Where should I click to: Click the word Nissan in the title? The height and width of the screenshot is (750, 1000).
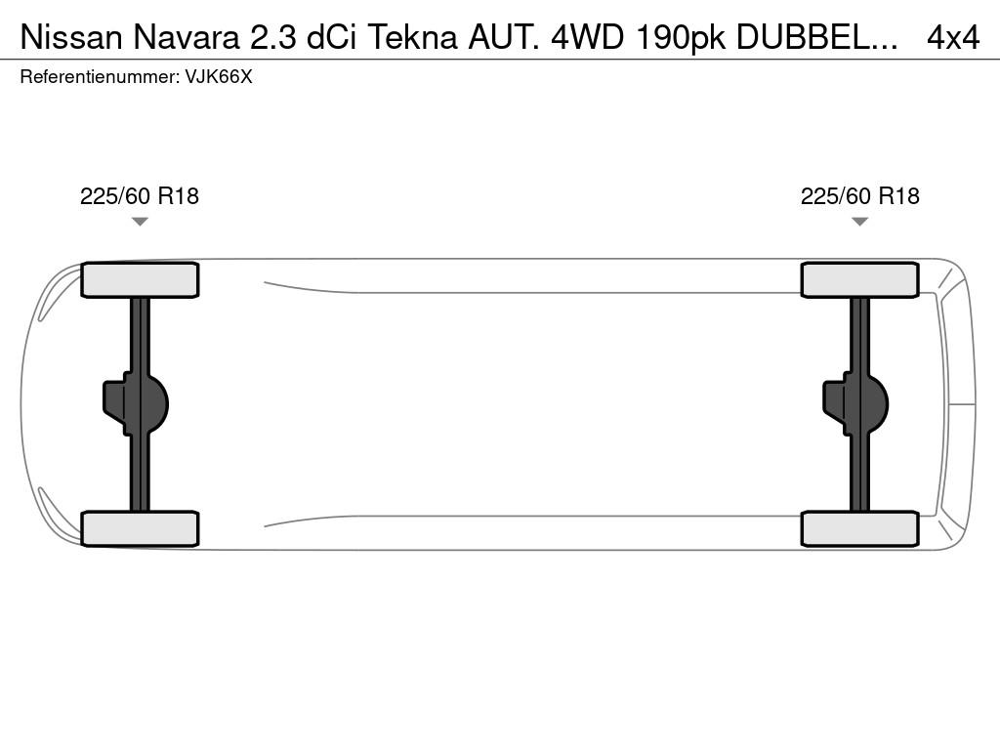pyautogui.click(x=70, y=38)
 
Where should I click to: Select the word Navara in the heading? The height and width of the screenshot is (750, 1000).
pyautogui.click(x=187, y=38)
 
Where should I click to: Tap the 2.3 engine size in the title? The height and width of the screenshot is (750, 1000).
pyautogui.click(x=273, y=38)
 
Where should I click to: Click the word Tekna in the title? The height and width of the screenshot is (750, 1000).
pyautogui.click(x=413, y=38)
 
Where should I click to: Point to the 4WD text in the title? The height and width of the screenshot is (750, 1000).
pyautogui.click(x=587, y=38)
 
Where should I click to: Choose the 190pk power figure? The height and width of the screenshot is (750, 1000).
pyautogui.click(x=680, y=39)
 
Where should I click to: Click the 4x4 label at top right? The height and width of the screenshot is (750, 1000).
pyautogui.click(x=953, y=38)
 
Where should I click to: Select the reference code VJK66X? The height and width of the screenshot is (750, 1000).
pyautogui.click(x=218, y=77)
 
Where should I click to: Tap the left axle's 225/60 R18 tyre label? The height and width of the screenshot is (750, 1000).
pyautogui.click(x=140, y=195)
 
